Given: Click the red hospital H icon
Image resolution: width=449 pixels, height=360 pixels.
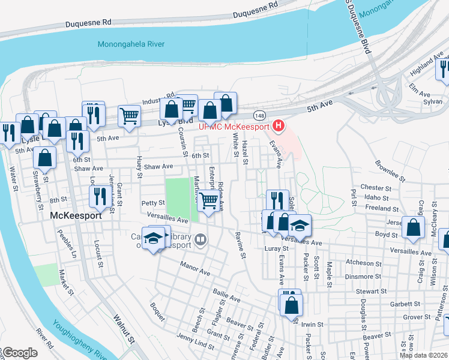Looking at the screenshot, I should [x=278, y=126].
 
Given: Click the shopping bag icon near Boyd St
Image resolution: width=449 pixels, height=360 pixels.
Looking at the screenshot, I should [x=414, y=227].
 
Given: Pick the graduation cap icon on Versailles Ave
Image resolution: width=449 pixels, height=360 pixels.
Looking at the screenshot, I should [x=300, y=225].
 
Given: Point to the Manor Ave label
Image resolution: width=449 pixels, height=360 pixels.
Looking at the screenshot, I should [x=195, y=268].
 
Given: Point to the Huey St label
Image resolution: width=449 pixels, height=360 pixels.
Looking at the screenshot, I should [x=139, y=167].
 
